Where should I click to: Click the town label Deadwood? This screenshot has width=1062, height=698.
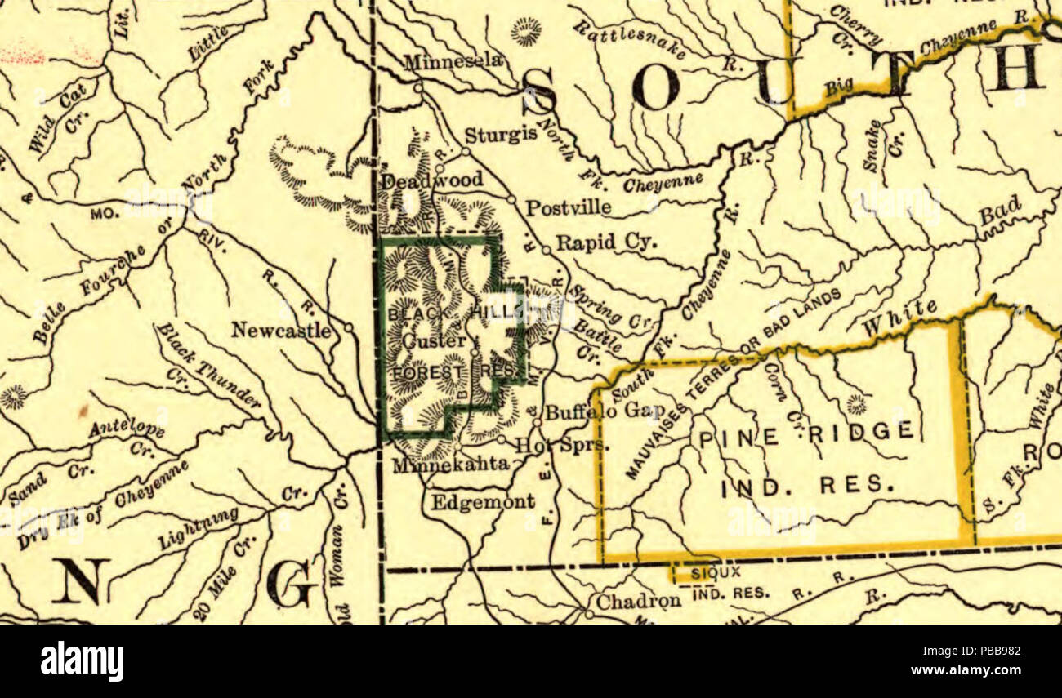[431, 180]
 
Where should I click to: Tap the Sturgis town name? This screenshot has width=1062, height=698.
[500, 135]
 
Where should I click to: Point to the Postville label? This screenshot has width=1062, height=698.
[568, 208]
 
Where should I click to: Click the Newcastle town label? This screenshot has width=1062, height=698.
[281, 331]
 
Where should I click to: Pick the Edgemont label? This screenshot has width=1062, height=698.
[483, 501]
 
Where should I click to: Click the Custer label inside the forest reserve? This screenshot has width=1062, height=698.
[435, 340]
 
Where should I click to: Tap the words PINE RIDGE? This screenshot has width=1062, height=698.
[805, 432]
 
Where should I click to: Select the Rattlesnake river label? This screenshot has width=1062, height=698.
[629, 40]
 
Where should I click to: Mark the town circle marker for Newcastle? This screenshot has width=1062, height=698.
[349, 327]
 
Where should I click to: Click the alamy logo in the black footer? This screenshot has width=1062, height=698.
[82, 660]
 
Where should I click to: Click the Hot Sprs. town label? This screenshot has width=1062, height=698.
[562, 446]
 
